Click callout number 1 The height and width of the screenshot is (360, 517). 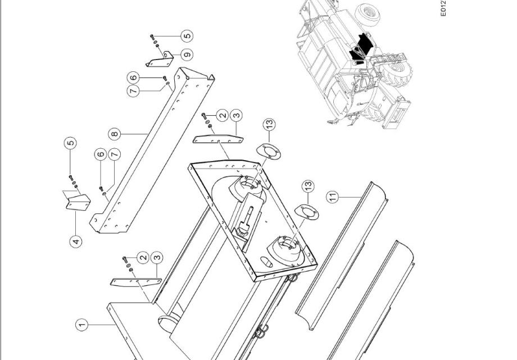point(82,325)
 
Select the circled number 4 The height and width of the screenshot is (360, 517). point(76,241)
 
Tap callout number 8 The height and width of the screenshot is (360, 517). point(115,134)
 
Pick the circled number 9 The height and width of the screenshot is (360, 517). point(187,54)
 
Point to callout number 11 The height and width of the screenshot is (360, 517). point(333,197)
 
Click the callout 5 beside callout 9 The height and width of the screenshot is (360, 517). point(187,35)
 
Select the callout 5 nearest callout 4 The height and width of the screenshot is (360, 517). point(70,143)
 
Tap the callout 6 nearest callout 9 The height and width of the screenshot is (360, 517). point(133,78)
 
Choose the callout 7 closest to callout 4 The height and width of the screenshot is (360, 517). point(115,154)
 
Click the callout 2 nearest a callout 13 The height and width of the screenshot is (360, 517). point(223,115)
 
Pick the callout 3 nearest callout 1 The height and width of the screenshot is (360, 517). point(157,257)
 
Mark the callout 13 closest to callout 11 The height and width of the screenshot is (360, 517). point(308,186)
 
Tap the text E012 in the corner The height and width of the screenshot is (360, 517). point(443,8)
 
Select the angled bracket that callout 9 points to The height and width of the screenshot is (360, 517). point(160,60)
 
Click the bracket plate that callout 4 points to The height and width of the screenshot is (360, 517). point(78,202)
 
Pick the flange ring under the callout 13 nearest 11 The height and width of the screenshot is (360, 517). point(306,212)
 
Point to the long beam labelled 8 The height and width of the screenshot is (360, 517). point(152,150)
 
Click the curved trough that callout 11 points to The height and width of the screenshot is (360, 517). point(342,256)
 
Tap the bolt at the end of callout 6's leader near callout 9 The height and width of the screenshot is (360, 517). point(165,78)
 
